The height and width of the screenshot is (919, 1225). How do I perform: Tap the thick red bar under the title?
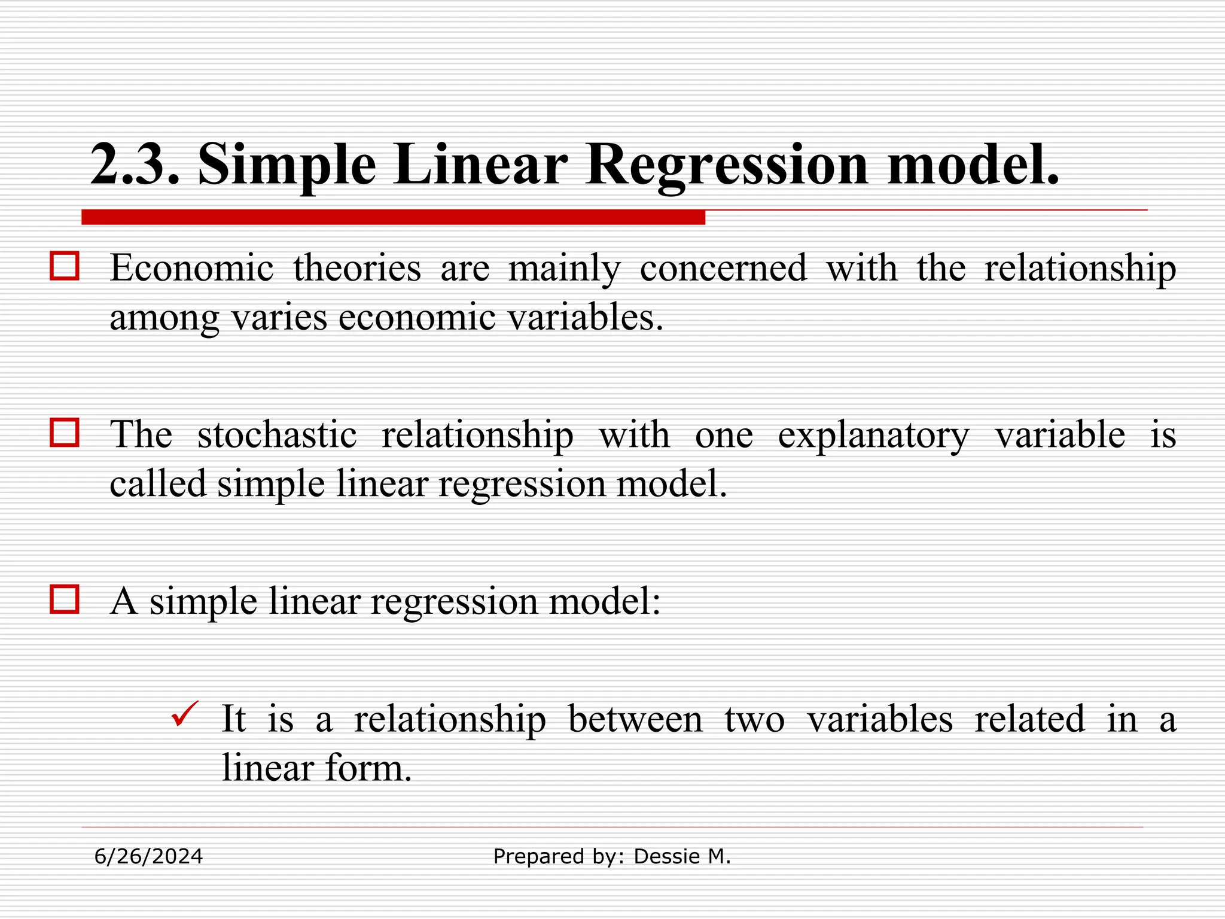[x=393, y=217]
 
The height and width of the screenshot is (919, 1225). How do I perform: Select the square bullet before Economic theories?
[x=64, y=266]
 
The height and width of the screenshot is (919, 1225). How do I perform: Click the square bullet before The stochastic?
[x=64, y=433]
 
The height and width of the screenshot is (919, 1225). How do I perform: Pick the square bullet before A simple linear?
[x=64, y=600]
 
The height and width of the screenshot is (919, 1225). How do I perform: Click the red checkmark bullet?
[x=184, y=714]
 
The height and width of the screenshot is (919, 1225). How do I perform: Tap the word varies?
[x=279, y=317]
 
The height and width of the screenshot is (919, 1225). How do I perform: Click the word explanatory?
[x=873, y=435]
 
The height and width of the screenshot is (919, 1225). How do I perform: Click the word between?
[x=635, y=719]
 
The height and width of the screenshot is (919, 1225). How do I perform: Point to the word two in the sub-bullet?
[x=755, y=719]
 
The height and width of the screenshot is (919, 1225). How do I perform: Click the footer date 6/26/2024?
[x=148, y=857]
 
